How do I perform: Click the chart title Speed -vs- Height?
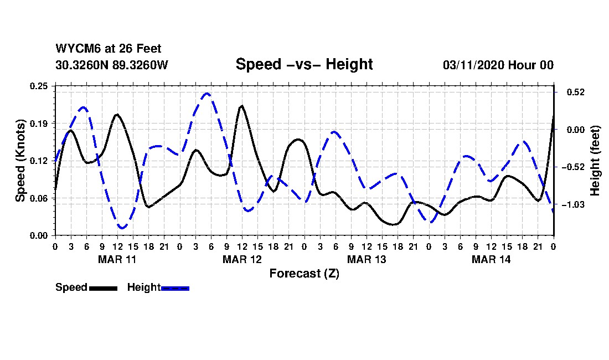coord(304,64)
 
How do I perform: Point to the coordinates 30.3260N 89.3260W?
coord(112,65)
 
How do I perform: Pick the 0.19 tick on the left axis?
coord(39,123)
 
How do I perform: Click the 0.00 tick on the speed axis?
coord(39,235)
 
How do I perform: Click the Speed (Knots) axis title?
coord(20,160)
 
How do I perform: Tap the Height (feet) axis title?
coord(595,160)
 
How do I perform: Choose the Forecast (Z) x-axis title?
coord(304,274)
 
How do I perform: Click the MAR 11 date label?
coord(117,259)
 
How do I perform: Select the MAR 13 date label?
coord(367,259)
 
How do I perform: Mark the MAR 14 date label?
coord(491,259)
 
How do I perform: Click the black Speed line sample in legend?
coord(102,288)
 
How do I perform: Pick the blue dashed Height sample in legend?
coord(175,288)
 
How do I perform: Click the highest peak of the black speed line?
coord(241,105)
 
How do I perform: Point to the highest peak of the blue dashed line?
coord(207,93)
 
